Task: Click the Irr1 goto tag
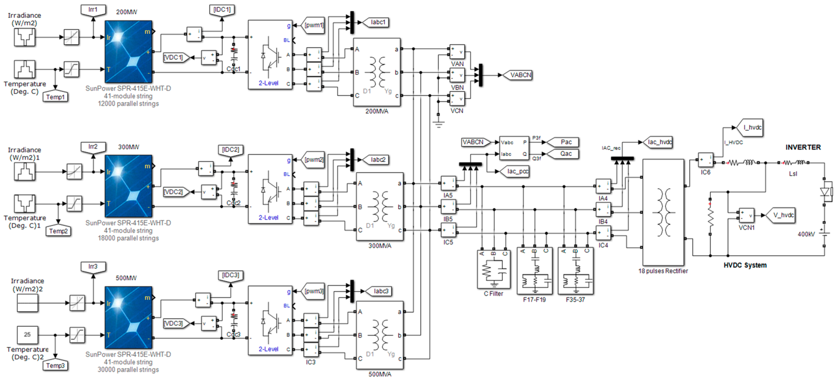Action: pyautogui.click(x=93, y=10)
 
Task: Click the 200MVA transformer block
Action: pyautogui.click(x=377, y=73)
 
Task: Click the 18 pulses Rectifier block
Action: pyautogui.click(x=663, y=212)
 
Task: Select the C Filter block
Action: pyautogui.click(x=493, y=269)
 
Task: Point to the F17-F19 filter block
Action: pyautogui.click(x=535, y=271)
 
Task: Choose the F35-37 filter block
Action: pyautogui.click(x=576, y=271)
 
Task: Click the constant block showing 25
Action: pyautogui.click(x=27, y=334)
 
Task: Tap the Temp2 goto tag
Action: pyautogui.click(x=58, y=231)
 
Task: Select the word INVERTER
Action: pyautogui.click(x=803, y=147)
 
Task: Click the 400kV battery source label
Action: pyautogui.click(x=806, y=234)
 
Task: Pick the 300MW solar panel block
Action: pyautogui.click(x=128, y=186)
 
